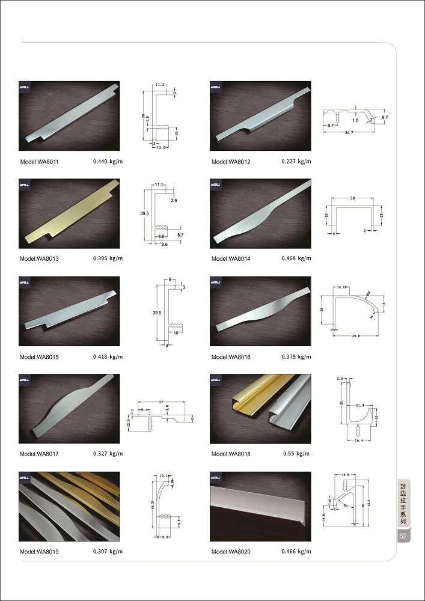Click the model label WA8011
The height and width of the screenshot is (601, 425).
coord(38,162)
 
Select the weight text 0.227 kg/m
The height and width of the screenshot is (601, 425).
coord(296,161)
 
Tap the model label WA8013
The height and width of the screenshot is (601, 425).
coord(38,259)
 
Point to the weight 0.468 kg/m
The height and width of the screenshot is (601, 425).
coord(296,258)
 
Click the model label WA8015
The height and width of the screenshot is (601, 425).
coord(38,357)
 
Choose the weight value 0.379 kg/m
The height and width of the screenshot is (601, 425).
coord(296,356)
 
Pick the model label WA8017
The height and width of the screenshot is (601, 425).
coord(38,454)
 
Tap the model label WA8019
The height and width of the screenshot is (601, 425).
coord(38,552)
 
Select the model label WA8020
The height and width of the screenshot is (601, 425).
coord(231,552)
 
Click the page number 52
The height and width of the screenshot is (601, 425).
coord(403,536)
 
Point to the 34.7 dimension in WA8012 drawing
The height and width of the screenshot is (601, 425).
coord(349,132)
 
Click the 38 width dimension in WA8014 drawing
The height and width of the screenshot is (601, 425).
coord(352,197)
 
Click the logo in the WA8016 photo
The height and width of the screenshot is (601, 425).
coord(217,282)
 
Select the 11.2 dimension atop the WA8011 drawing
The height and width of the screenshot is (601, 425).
coord(159,86)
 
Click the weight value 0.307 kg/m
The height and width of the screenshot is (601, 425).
coord(108,551)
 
